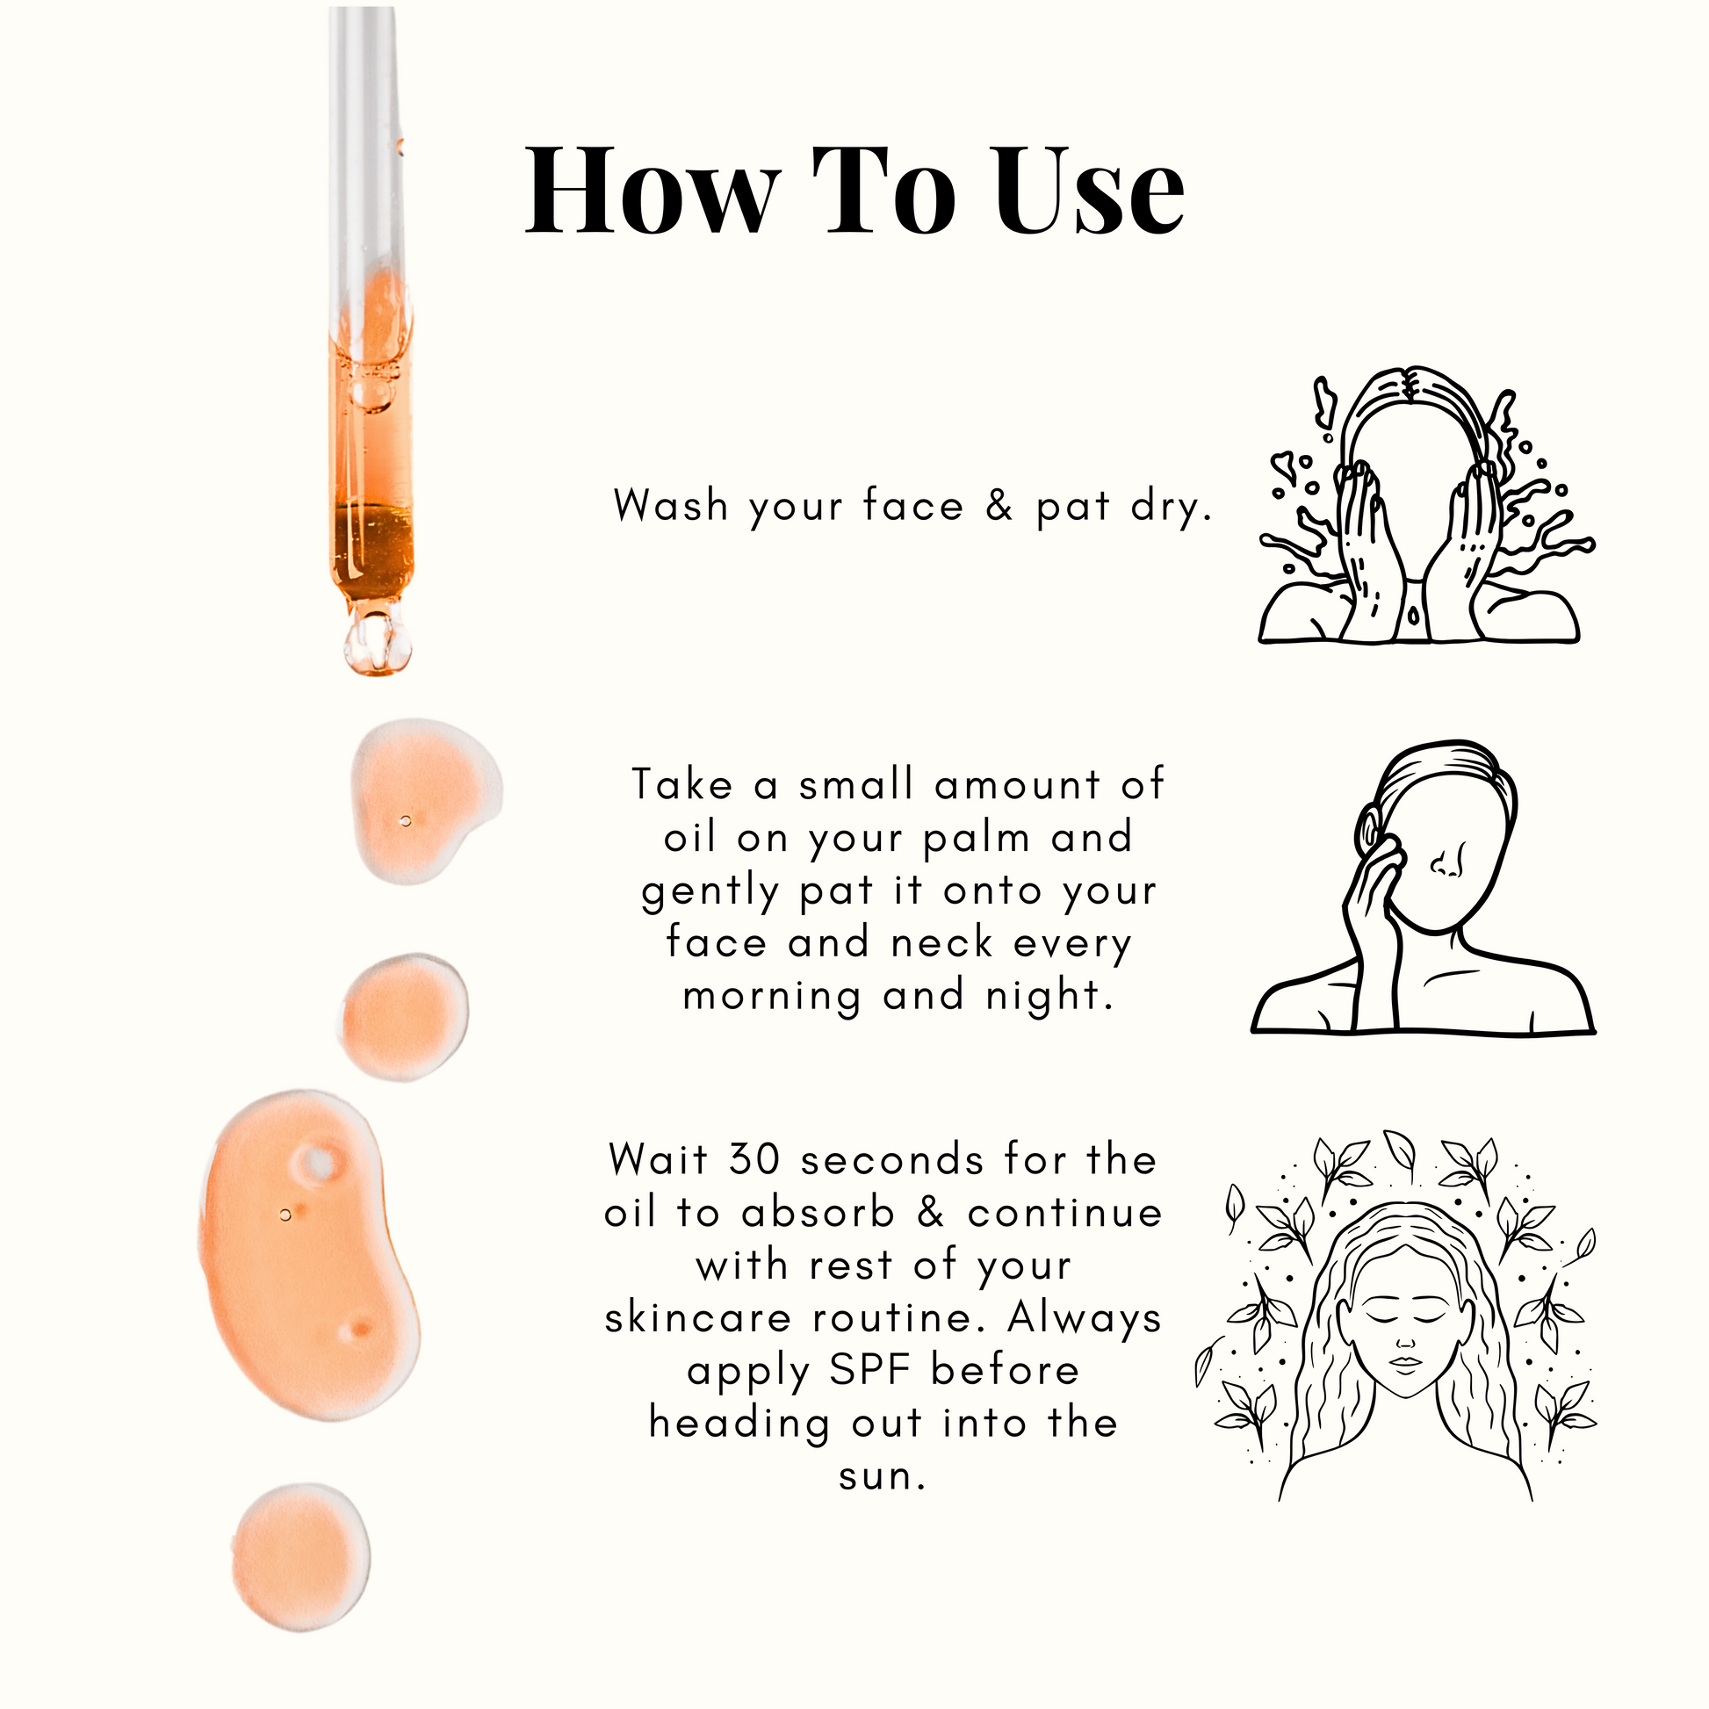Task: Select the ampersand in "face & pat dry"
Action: [x=999, y=506]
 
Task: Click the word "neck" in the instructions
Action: [x=942, y=943]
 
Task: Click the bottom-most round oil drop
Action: [x=300, y=1558]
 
